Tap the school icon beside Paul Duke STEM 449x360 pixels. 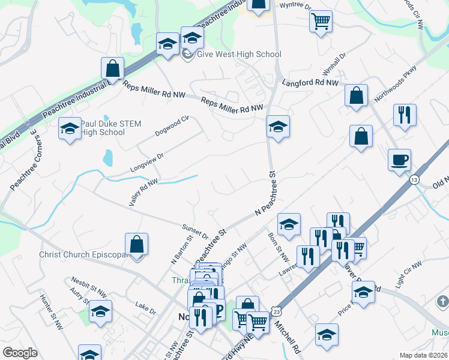point(70,128)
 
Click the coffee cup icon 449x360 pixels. point(399,160)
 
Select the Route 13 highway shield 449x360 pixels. point(414,180)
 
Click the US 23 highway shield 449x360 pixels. point(276,311)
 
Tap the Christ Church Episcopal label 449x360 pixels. point(85,254)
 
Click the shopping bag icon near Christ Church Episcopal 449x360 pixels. point(137,245)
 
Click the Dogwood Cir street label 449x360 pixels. point(172,125)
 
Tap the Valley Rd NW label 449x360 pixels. point(143,192)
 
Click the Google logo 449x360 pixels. point(20,353)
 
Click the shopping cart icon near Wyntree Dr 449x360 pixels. point(321,22)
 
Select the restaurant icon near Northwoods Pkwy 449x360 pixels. point(405,114)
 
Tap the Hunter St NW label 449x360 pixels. point(51,311)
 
